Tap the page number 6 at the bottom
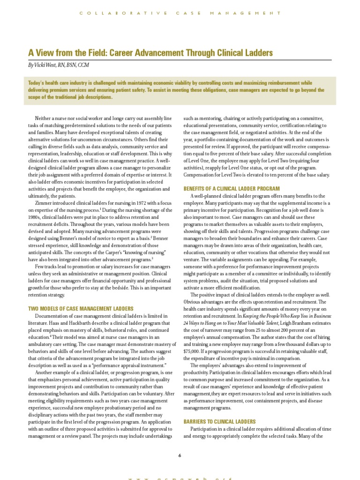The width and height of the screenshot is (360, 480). (x=180, y=455)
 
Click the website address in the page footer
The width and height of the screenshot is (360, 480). (x=180, y=477)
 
